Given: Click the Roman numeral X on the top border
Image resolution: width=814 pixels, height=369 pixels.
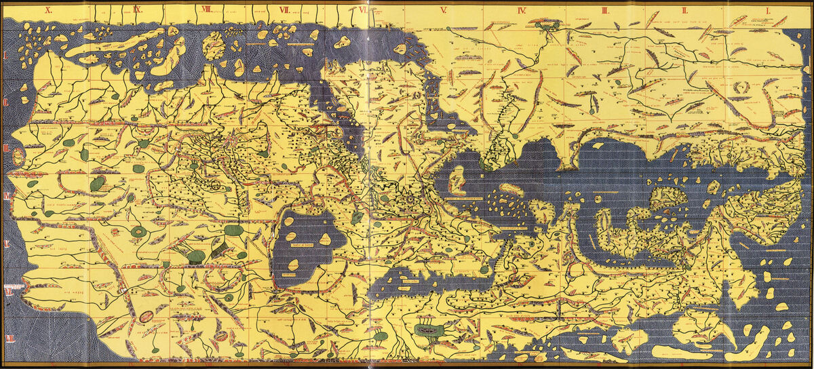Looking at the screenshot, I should coord(49,9).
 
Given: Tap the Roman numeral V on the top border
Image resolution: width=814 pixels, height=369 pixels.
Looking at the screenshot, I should coord(442,9).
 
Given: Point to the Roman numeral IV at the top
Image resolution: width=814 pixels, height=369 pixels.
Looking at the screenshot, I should coord(522,9).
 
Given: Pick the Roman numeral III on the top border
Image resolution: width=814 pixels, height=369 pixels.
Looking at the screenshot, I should coord(604,9).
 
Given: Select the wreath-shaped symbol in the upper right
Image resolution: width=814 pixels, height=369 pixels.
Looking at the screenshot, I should coord(744,88).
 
